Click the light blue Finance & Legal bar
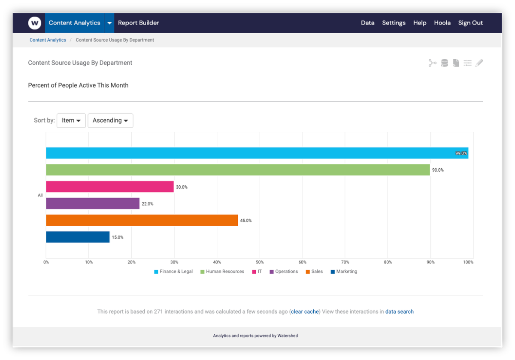point(257,153)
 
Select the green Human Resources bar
point(238,170)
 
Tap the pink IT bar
point(110,187)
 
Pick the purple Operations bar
point(93,203)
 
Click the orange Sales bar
point(142,220)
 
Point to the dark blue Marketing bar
point(78,237)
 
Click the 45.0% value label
point(246,221)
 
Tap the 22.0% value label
point(147,204)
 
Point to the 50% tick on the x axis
point(260,262)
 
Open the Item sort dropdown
point(71,121)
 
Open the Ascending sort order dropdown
point(110,121)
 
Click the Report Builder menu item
point(138,23)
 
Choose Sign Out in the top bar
point(470,23)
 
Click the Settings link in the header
point(394,23)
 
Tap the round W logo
point(35,23)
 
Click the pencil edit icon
point(479,63)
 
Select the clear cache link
point(305,312)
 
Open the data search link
point(399,312)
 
